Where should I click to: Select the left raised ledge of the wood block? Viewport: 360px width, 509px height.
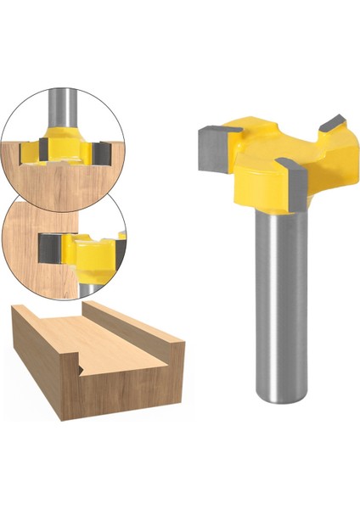click(x=51, y=321)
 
